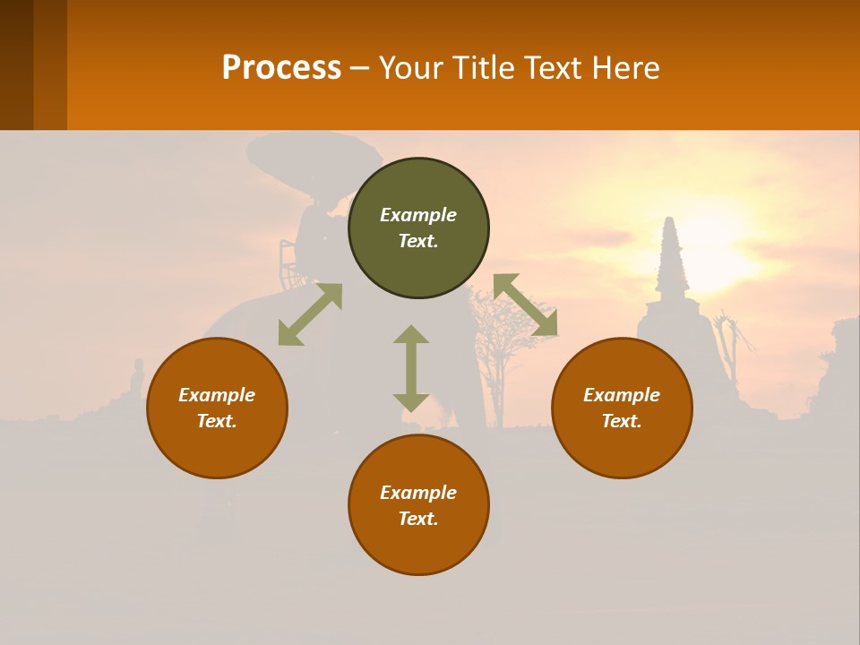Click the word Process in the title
[281, 67]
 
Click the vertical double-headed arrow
[411, 368]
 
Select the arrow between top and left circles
[310, 314]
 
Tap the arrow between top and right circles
[525, 305]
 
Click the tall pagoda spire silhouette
[670, 260]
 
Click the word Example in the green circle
[418, 215]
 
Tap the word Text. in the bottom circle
[418, 519]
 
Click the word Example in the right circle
[622, 395]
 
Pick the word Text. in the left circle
[217, 421]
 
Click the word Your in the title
[408, 67]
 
